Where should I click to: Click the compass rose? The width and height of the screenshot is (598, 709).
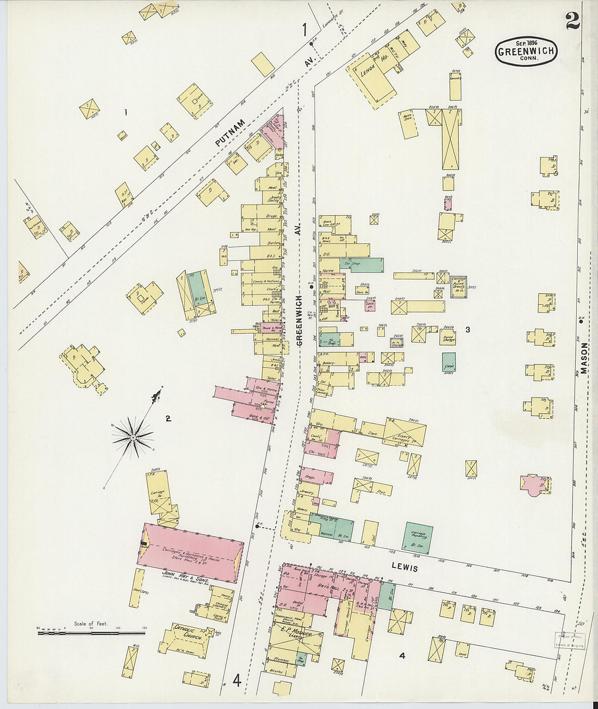(x=133, y=436)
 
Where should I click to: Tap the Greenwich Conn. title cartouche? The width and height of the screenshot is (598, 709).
(x=526, y=52)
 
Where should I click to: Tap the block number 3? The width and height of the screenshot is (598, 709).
(x=467, y=329)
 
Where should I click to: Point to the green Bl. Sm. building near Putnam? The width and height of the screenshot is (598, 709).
(x=197, y=291)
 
